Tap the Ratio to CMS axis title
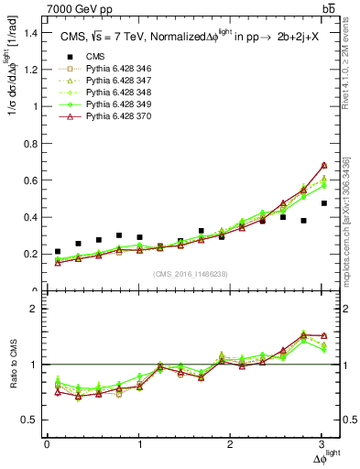[x=12, y=365]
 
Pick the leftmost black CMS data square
[x=58, y=251]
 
